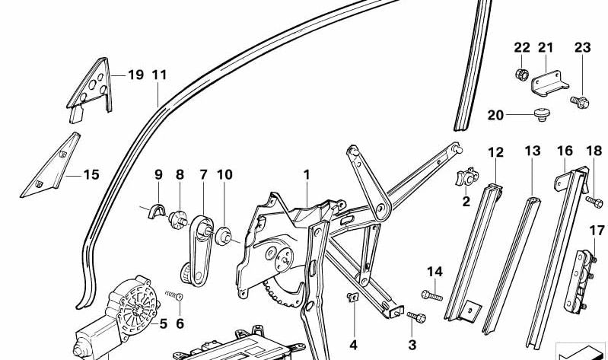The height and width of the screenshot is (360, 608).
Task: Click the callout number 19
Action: pyautogui.click(x=135, y=75)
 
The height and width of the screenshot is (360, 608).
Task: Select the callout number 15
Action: pyautogui.click(x=91, y=175)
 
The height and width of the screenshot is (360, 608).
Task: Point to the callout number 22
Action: pyautogui.click(x=521, y=48)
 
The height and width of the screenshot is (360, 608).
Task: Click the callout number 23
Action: pyautogui.click(x=582, y=48)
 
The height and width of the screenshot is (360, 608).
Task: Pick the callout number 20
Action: pyautogui.click(x=495, y=116)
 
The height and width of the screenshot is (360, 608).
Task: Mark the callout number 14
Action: pyautogui.click(x=434, y=272)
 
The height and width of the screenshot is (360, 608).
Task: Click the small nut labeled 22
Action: pyautogui.click(x=522, y=75)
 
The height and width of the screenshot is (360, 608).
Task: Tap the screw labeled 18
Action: pyautogui.click(x=594, y=200)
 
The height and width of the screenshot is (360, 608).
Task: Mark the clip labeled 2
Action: pyautogui.click(x=464, y=180)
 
